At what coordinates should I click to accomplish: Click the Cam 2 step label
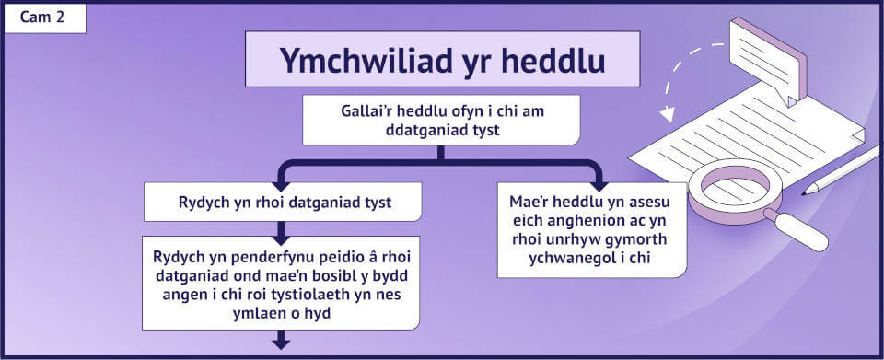click(44, 17)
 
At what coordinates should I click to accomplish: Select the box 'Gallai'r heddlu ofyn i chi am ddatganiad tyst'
click(441, 120)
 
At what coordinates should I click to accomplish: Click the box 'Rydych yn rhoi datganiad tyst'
click(283, 202)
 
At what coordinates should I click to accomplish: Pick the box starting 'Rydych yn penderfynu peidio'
click(281, 283)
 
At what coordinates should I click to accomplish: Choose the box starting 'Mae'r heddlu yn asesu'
click(592, 230)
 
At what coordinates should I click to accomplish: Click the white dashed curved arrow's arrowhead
click(667, 114)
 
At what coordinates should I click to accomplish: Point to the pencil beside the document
click(841, 170)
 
